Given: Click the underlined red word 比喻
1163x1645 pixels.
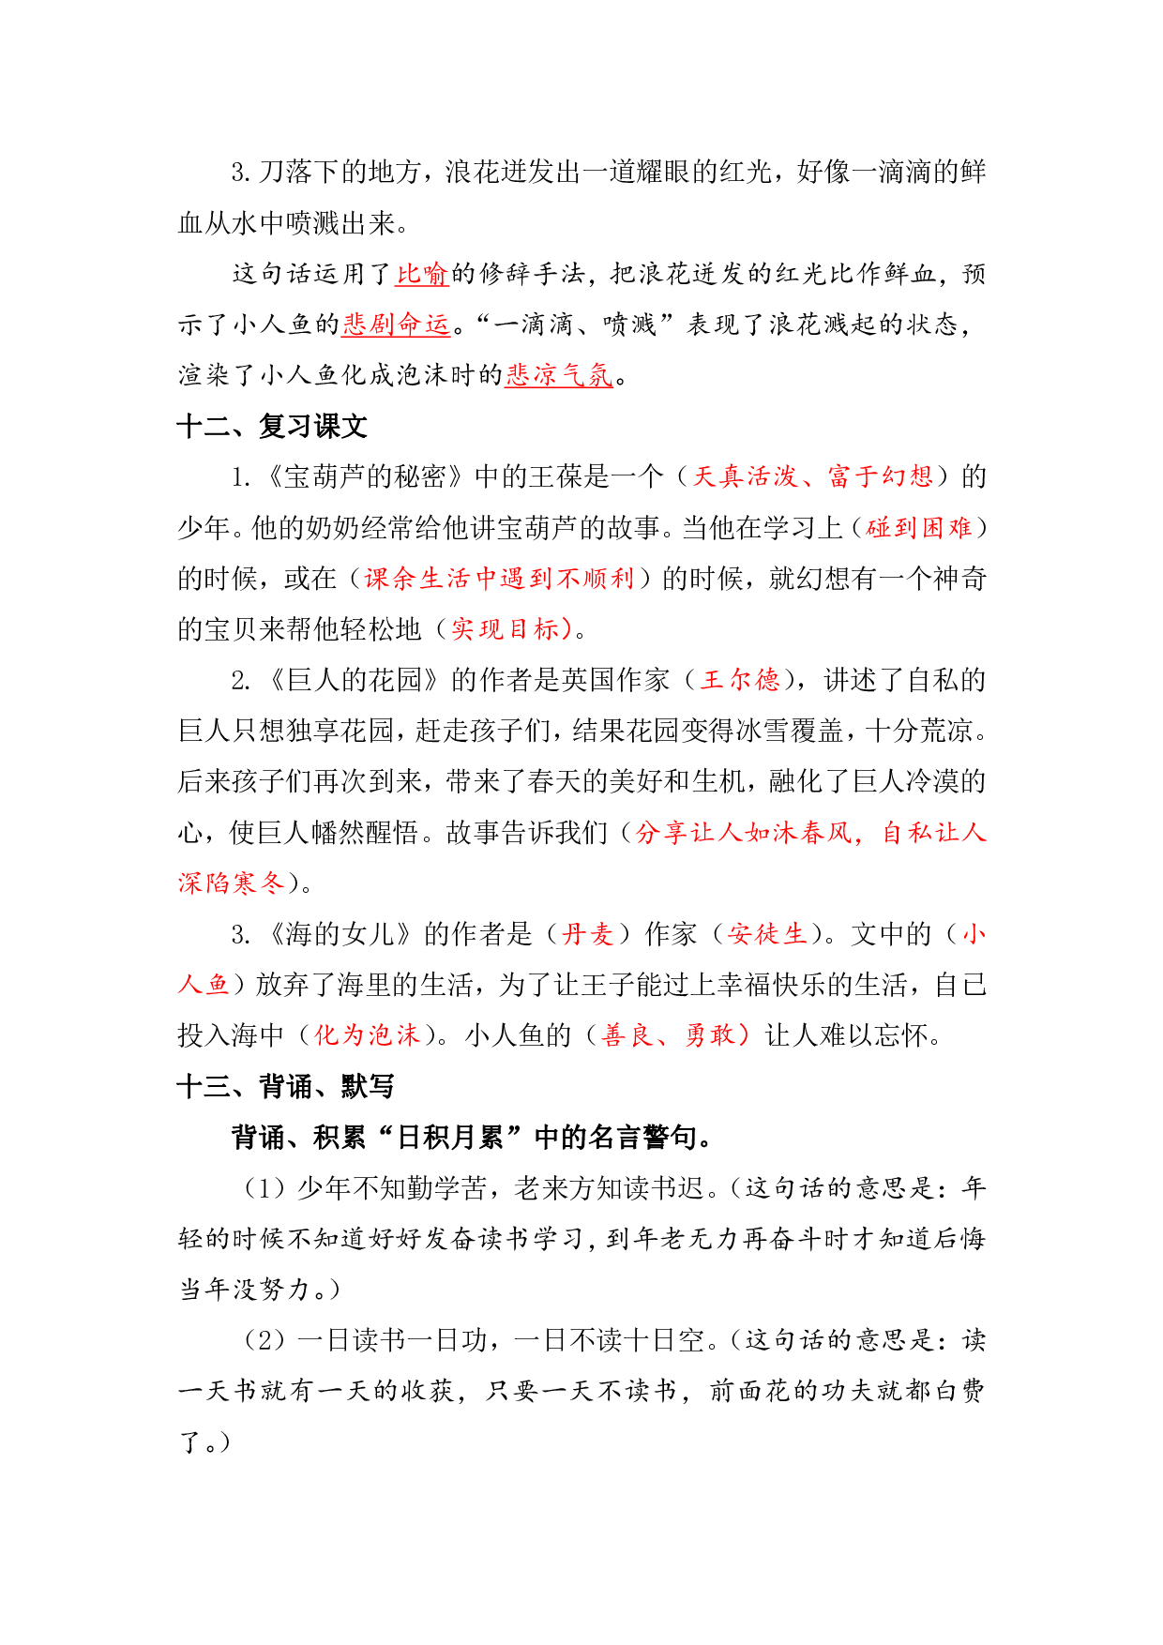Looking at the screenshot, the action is point(422,274).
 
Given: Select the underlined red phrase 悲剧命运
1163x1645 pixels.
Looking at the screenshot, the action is point(396,324).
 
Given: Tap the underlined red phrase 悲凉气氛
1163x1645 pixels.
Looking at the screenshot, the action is point(559,375).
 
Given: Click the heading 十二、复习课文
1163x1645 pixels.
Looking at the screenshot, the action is point(272,427).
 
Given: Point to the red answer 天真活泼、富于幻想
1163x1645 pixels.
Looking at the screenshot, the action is point(812,476).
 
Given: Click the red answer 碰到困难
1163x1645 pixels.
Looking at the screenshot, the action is point(919,528).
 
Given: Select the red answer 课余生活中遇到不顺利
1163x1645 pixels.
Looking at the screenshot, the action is point(499,579).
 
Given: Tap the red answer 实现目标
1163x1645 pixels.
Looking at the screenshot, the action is point(506,629).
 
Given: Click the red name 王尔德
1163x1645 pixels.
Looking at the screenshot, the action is point(741,680).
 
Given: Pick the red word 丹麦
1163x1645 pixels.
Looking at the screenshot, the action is point(587,934).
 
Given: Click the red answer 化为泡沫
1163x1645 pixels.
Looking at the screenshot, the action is point(367,1035).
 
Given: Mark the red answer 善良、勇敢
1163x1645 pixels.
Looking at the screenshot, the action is point(669,1035).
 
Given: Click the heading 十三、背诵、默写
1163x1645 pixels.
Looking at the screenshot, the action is point(286,1087).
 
